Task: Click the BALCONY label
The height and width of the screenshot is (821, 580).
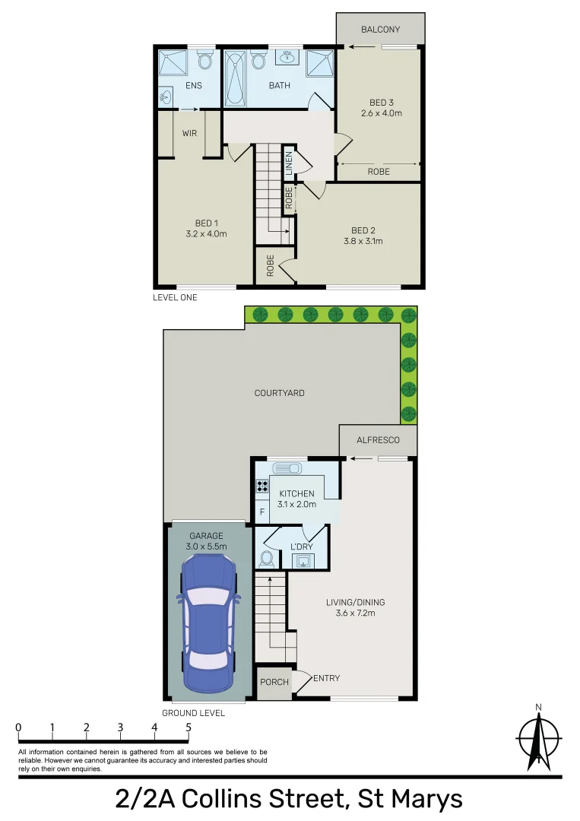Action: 380,30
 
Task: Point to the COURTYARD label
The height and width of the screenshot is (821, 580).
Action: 279,393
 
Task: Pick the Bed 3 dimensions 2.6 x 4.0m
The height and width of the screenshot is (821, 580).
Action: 380,113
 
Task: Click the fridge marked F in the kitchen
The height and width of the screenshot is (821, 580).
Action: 262,511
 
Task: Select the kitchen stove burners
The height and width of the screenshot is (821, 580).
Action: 262,486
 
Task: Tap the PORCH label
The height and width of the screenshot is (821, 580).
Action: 274,682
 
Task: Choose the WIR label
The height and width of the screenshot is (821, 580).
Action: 190,133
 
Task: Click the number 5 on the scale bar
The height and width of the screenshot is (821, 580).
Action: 189,727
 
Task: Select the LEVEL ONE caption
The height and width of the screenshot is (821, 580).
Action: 175,297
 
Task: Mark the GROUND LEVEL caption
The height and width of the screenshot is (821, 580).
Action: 193,713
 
